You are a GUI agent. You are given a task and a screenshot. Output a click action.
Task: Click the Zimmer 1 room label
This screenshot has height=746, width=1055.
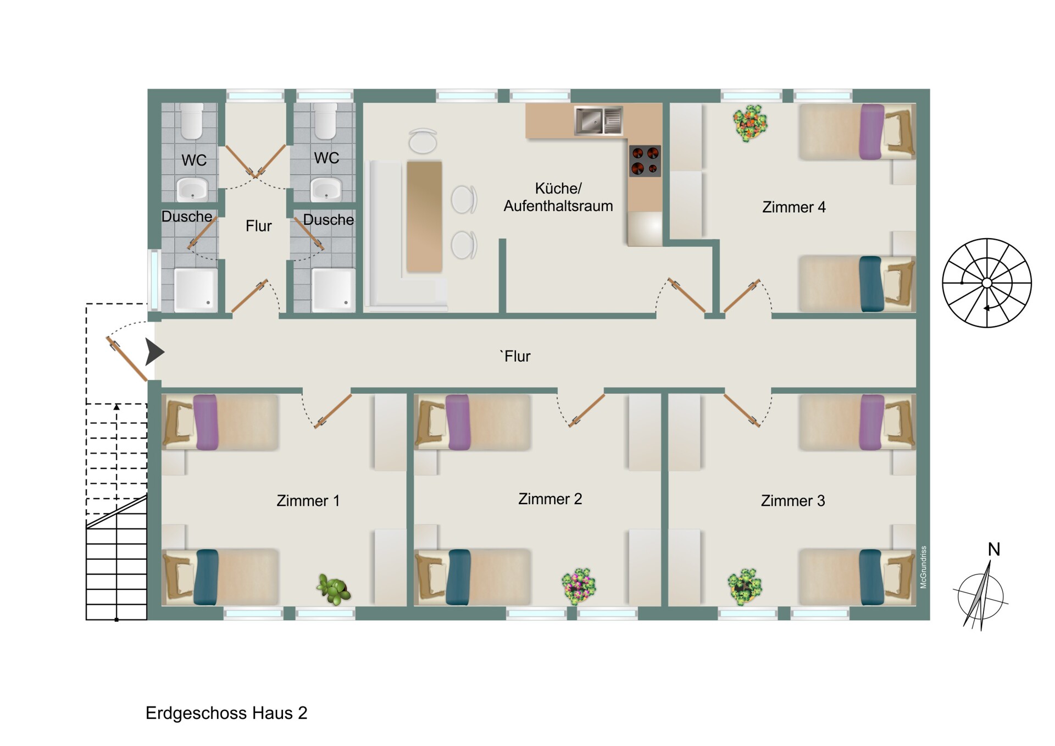(308, 501)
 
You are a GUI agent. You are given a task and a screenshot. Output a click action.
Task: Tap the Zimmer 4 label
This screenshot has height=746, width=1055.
(793, 207)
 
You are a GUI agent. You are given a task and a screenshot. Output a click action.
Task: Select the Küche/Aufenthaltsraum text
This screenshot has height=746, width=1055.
(558, 197)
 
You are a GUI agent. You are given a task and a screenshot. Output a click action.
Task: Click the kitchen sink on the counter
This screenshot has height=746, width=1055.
(598, 120)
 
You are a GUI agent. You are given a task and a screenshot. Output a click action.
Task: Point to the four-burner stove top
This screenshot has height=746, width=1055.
(645, 161)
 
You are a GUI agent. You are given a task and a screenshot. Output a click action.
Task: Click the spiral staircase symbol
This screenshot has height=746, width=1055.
(987, 283)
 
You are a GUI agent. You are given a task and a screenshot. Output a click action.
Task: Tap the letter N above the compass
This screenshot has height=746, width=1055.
(994, 549)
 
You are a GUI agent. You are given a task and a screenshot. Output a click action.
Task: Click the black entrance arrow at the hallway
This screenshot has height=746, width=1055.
(154, 352)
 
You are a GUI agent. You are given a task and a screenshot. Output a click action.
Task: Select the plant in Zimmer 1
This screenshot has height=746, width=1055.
(334, 589)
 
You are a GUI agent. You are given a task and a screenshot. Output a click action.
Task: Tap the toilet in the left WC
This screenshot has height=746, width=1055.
(192, 121)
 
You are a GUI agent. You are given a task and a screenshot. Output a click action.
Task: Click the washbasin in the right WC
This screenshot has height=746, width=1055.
(326, 189)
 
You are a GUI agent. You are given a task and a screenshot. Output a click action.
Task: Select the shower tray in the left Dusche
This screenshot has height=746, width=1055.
(195, 290)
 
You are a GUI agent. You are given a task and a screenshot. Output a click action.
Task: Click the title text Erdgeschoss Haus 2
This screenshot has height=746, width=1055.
(226, 713)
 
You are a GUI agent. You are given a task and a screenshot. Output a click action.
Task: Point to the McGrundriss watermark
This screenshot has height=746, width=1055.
(924, 567)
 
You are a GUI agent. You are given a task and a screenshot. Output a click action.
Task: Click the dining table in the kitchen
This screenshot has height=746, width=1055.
(424, 217)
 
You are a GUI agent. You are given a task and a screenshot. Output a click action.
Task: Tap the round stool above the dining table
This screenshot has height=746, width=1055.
(423, 141)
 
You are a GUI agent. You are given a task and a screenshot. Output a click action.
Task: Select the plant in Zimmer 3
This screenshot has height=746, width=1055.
(745, 587)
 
